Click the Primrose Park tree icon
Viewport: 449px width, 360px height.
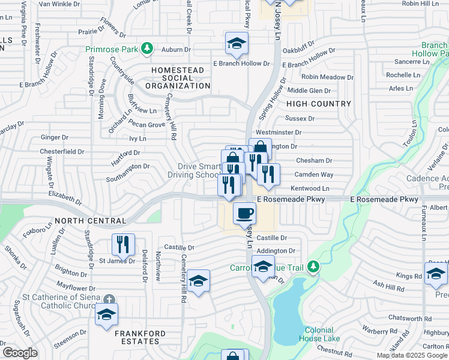146,48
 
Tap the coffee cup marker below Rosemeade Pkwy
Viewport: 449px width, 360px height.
244,213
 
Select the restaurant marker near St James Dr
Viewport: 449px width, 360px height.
122,244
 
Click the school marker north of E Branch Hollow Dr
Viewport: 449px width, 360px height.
237,43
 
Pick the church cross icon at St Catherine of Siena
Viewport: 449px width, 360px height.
108,299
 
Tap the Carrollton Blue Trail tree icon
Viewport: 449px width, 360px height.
312,266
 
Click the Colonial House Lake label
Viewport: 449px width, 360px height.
323,334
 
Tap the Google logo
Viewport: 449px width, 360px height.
19,353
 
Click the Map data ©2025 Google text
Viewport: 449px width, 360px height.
412,355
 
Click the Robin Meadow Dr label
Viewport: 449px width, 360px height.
327,77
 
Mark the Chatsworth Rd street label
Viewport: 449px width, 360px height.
410,318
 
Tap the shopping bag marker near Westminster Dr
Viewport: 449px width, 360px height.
260,148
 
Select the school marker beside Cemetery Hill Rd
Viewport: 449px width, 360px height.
198,281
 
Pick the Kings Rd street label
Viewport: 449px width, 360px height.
409,276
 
